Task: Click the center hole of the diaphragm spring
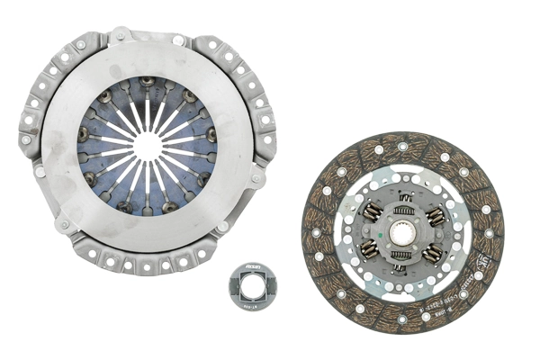(148, 145)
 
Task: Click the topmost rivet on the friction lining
(402, 145)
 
